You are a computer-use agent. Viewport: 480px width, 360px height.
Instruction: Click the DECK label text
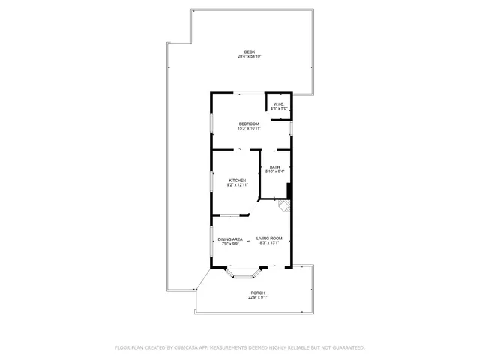click(x=249, y=52)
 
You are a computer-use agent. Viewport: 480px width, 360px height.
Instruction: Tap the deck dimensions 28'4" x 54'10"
click(x=249, y=57)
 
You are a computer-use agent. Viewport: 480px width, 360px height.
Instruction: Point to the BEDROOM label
click(x=249, y=124)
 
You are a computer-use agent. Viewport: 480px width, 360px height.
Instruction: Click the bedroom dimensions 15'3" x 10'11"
click(x=249, y=128)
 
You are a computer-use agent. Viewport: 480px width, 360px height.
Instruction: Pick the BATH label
click(x=275, y=167)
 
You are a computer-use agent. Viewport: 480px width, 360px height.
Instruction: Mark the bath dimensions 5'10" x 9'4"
click(x=275, y=172)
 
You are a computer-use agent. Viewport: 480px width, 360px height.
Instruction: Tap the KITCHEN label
click(x=238, y=181)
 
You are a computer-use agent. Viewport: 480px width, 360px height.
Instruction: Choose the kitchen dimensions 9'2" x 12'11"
click(x=238, y=185)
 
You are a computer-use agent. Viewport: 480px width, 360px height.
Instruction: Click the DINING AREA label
click(x=229, y=239)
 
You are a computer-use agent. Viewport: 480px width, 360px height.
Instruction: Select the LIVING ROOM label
click(x=268, y=238)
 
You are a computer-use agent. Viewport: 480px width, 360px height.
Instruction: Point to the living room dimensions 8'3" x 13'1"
click(x=268, y=243)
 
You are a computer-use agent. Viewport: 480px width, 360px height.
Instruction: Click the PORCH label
click(x=258, y=292)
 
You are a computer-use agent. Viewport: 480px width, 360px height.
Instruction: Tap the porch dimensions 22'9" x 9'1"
click(x=258, y=297)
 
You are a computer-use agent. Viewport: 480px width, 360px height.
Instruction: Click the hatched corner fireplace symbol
click(x=284, y=203)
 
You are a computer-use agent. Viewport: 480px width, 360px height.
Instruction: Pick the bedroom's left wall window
click(x=211, y=121)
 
